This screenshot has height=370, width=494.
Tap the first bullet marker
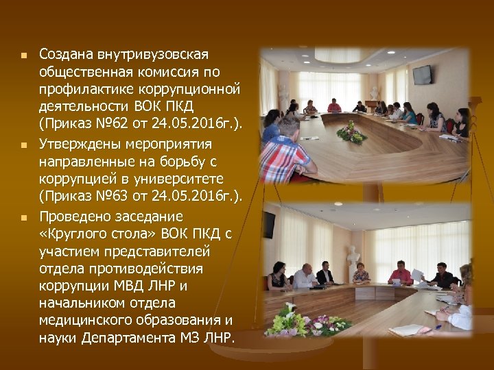point(23,55)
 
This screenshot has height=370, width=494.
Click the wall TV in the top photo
point(422,74)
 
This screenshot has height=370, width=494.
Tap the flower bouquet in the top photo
point(351,132)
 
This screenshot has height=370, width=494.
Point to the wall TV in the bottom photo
point(268,224)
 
